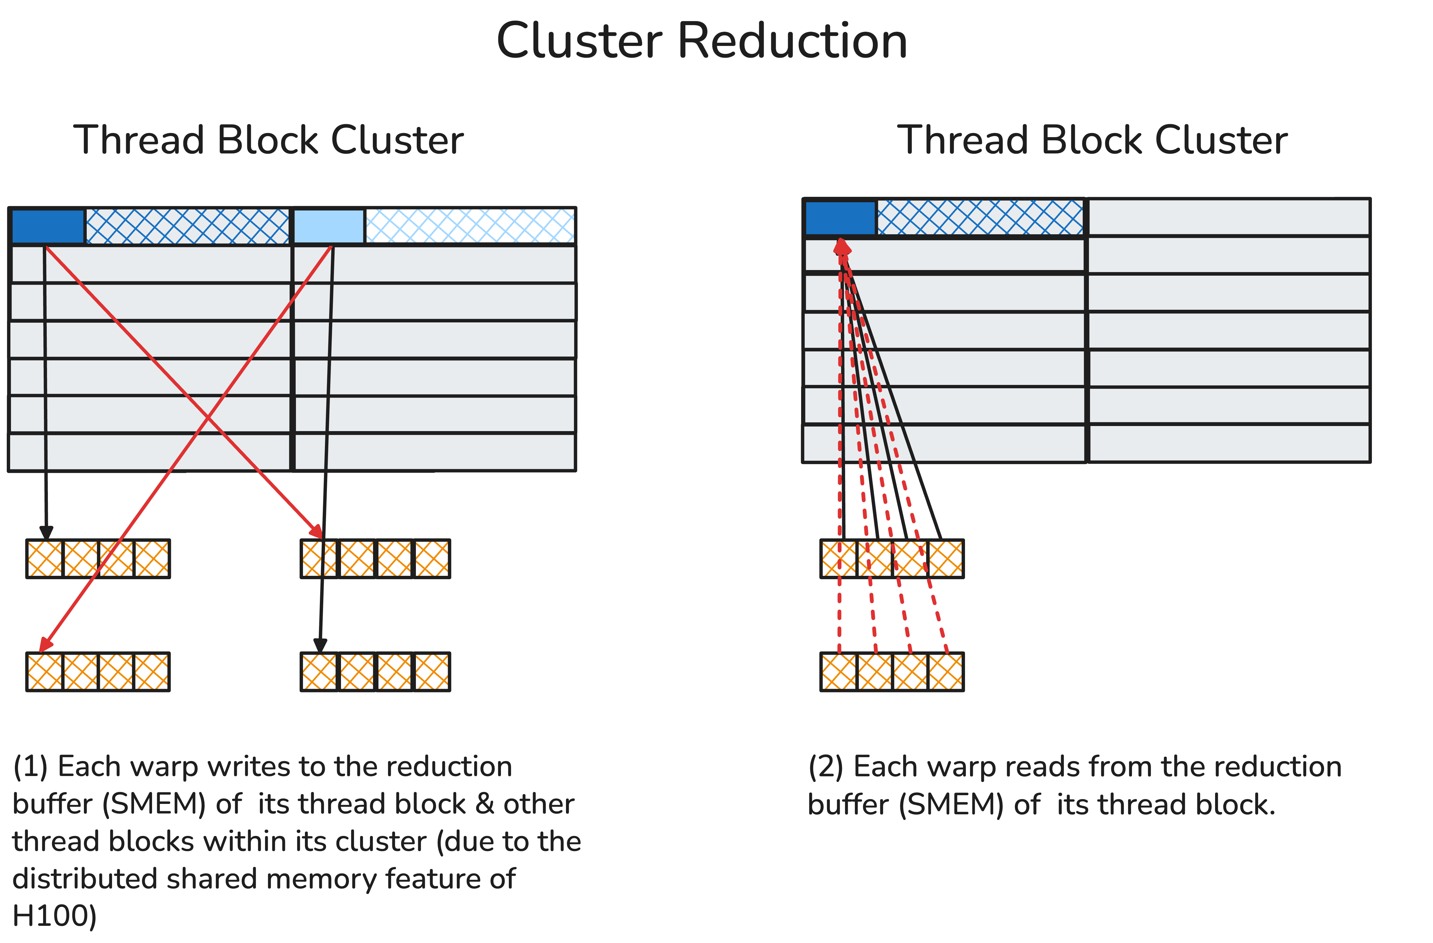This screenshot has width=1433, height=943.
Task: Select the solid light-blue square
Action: [x=328, y=226]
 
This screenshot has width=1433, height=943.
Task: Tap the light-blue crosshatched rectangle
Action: [x=470, y=226]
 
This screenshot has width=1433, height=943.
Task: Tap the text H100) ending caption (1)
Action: [x=54, y=916]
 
